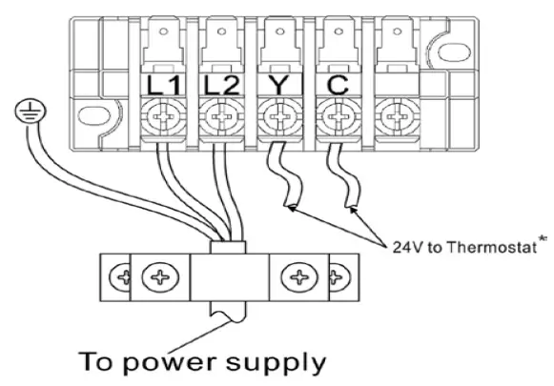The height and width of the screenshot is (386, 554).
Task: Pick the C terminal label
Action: click(x=335, y=84)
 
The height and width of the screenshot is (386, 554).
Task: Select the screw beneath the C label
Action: click(x=335, y=121)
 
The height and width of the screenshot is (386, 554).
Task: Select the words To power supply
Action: click(x=203, y=362)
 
